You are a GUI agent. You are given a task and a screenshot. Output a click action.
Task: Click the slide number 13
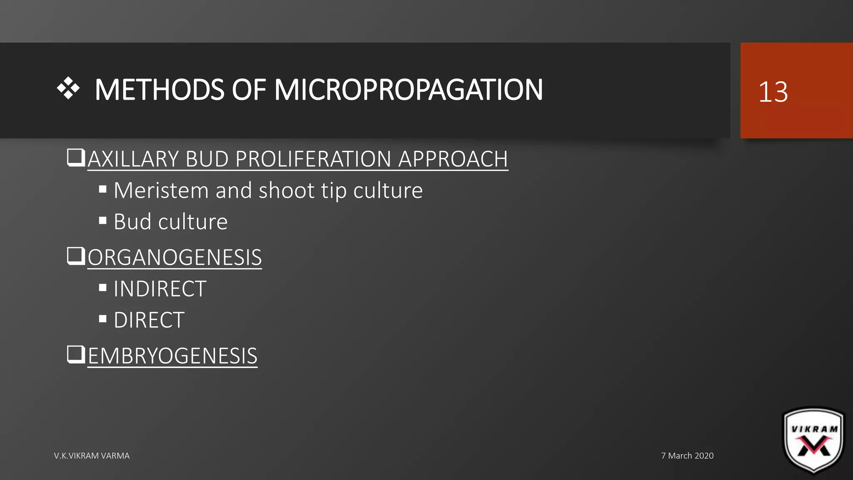773,92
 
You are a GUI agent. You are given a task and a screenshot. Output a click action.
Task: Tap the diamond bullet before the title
68,88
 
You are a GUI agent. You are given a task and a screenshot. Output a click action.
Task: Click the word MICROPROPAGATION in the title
408,90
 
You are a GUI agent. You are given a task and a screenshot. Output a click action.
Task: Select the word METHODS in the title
160,90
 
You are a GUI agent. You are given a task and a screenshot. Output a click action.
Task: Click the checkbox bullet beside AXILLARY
76,158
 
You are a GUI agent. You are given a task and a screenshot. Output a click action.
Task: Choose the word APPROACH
453,159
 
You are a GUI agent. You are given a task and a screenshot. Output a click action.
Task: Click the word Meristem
161,191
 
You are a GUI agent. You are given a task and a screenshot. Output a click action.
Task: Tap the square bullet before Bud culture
103,220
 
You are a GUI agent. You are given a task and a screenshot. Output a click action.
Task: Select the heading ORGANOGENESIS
175,257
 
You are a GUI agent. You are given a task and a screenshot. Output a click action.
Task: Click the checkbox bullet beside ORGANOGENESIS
76,256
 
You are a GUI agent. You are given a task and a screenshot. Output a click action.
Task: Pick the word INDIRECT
160,289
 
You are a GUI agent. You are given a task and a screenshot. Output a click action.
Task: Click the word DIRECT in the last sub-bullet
149,320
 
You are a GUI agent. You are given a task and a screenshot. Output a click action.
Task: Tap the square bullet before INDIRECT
103,287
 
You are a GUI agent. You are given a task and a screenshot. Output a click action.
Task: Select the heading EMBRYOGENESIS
172,356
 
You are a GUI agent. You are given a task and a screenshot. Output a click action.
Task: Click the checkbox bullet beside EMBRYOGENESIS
76,355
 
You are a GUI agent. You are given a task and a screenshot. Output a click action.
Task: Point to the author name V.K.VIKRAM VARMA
92,456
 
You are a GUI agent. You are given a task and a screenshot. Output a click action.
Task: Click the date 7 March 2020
687,456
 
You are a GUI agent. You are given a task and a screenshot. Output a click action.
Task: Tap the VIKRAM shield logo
814,441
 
